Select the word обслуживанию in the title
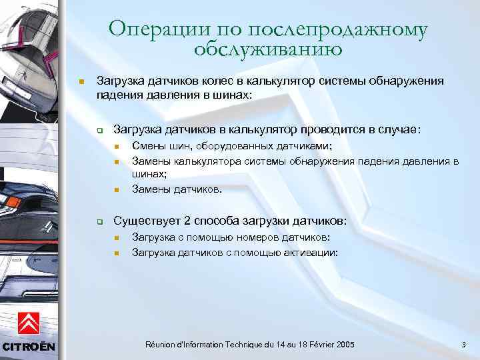tap(269, 49)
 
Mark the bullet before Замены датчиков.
tap(115, 190)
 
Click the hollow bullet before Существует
tap(98, 221)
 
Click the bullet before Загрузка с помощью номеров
tap(115, 238)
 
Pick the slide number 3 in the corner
tap(463, 344)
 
